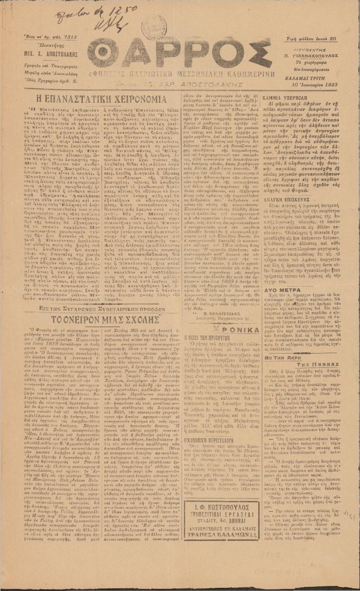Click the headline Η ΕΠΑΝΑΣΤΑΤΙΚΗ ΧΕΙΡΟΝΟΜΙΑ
[93, 98]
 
